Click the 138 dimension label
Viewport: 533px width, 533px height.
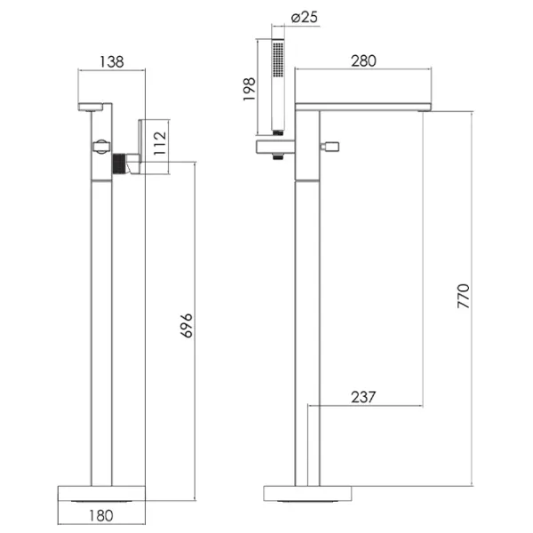pyautogui.click(x=112, y=62)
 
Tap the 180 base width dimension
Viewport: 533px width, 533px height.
pyautogui.click(x=101, y=515)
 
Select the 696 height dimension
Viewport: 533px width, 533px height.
pyautogui.click(x=187, y=326)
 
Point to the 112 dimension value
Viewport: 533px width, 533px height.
pyautogui.click(x=160, y=143)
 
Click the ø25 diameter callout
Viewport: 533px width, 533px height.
pyautogui.click(x=305, y=17)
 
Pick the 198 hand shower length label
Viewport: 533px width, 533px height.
pyautogui.click(x=249, y=89)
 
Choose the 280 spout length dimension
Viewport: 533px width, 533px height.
pyautogui.click(x=363, y=60)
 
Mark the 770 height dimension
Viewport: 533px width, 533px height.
pyautogui.click(x=463, y=296)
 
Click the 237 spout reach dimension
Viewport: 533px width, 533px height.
pyautogui.click(x=363, y=397)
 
